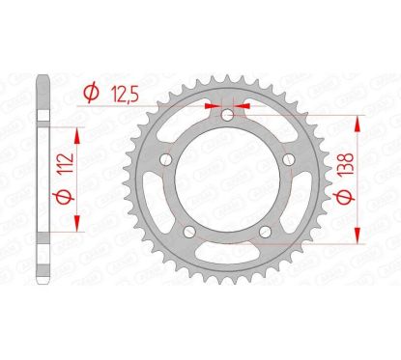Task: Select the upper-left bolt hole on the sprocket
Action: [x=167, y=160]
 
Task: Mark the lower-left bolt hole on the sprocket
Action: [x=189, y=230]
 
